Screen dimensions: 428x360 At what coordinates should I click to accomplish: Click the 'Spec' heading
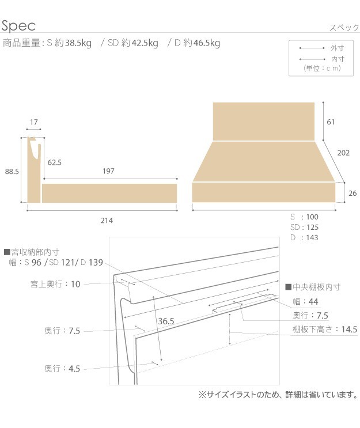[x=18, y=25]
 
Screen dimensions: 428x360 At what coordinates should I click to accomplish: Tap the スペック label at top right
[x=344, y=28]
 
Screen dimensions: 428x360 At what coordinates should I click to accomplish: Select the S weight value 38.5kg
[x=78, y=43]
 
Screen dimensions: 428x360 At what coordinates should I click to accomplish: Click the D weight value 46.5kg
[x=206, y=43]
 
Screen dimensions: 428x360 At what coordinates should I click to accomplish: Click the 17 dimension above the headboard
[x=33, y=122]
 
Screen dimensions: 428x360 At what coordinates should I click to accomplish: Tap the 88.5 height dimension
[x=12, y=171]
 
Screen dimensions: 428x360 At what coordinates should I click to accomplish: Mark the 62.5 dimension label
[x=55, y=162]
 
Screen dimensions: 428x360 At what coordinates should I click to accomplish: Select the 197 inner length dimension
[x=108, y=171]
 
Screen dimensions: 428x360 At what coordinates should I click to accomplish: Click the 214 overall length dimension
[x=105, y=220]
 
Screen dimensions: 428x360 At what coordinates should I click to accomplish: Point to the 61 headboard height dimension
[x=331, y=122]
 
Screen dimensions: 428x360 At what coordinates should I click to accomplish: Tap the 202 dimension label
[x=344, y=153]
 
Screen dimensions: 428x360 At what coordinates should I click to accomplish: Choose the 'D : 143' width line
[x=304, y=237]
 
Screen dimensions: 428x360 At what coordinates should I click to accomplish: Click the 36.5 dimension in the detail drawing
[x=165, y=321]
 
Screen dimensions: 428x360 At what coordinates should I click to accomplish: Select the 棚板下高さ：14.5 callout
[x=325, y=329]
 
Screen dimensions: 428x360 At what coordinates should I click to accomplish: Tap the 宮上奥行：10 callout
[x=56, y=283]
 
